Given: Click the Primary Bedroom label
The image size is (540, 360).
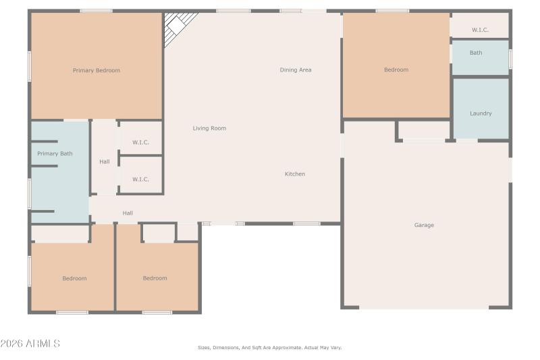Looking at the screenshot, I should [97, 70].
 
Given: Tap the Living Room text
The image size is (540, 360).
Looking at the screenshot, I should [209, 128].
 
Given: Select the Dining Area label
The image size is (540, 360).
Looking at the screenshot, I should [296, 70].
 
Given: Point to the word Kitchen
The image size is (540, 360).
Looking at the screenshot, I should [295, 174].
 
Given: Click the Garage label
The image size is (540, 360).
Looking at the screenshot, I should [424, 225].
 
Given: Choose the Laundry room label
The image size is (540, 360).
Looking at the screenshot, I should [481, 113].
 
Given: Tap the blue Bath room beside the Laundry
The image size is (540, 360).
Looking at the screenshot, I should [480, 58].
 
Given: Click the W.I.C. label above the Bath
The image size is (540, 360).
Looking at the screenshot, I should [480, 30].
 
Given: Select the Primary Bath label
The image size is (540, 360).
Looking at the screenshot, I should [55, 153].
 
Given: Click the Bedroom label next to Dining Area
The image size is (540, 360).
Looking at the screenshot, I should [396, 70].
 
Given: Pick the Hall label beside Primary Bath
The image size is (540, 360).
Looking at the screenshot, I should [105, 161].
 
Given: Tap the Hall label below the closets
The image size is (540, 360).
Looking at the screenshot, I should [128, 213].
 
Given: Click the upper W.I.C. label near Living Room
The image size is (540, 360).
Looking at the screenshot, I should [140, 142].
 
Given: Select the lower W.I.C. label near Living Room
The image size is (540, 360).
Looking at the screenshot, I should [140, 179].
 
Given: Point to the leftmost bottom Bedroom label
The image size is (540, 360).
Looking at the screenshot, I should [74, 278].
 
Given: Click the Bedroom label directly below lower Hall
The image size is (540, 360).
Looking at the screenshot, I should [155, 278].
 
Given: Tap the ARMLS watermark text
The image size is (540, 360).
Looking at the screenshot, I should [30, 344].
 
